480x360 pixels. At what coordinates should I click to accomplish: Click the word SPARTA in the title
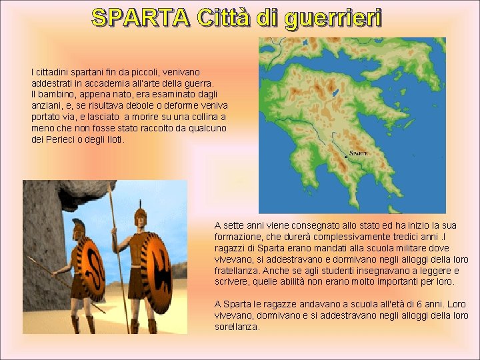[140, 18]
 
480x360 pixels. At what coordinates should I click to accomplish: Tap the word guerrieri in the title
[333, 19]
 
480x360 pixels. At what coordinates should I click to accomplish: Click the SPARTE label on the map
[359, 153]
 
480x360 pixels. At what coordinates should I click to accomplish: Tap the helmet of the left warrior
[79, 227]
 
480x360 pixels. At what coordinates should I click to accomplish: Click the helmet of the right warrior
[140, 217]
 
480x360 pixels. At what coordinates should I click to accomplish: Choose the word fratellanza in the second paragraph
[237, 271]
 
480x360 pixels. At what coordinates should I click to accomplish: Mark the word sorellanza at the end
[237, 327]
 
